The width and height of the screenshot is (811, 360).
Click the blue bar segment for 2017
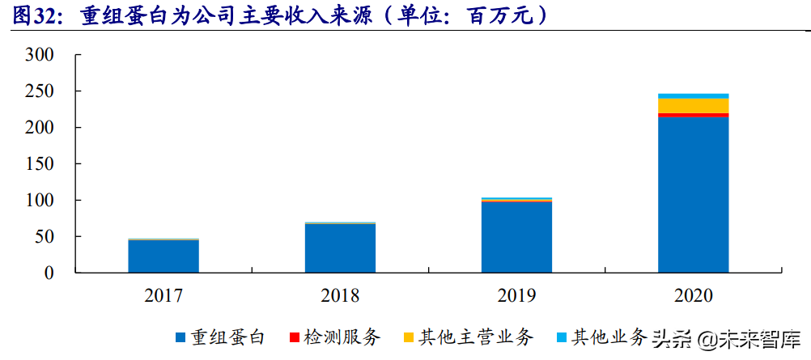click(x=163, y=256)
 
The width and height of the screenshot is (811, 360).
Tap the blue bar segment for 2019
click(x=516, y=237)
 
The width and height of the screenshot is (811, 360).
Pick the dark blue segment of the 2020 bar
click(x=693, y=195)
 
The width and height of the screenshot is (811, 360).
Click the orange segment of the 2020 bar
click(x=693, y=105)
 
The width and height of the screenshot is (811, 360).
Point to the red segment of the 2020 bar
click(x=693, y=116)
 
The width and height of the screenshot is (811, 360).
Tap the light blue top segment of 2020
click(x=693, y=95)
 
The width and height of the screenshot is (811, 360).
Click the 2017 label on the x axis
click(x=163, y=296)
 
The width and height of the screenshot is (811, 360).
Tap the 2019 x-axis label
click(x=516, y=296)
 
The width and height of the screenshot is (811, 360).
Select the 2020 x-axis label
click(x=693, y=296)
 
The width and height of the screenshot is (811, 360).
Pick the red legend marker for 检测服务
click(x=295, y=337)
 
